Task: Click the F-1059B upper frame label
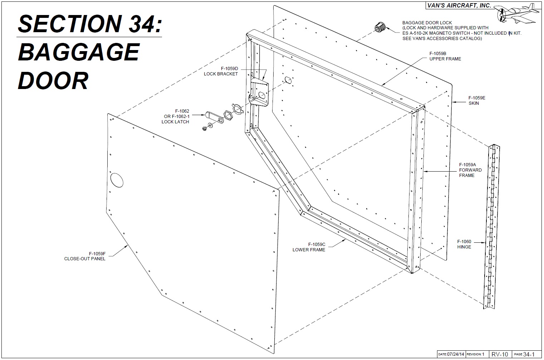coord(445,56)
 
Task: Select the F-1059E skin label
coord(476,100)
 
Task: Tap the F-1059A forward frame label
coord(470,170)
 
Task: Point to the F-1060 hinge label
coord(464,245)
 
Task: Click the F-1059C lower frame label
coord(309,247)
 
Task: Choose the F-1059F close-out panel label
coord(85,256)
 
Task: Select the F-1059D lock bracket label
coord(221,71)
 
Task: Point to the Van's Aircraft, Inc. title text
coord(459,6)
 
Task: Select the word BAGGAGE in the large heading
coord(78,52)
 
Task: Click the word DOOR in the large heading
coord(53,81)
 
